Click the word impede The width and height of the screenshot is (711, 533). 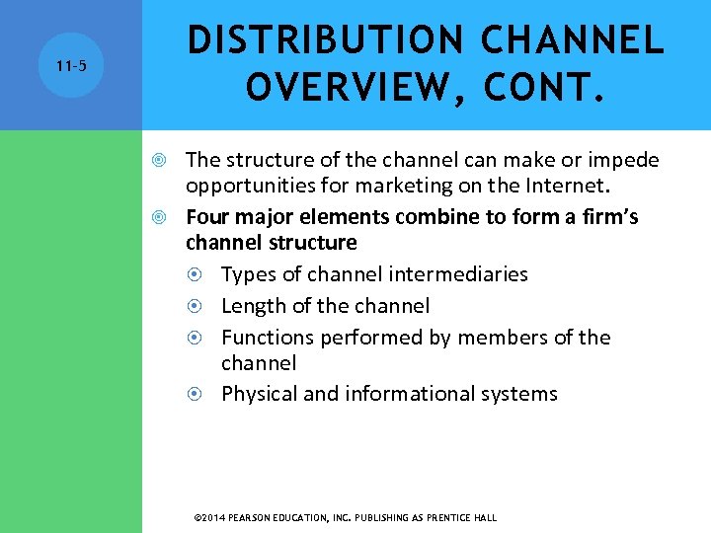pos(626,160)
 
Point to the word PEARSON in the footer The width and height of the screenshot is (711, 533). pos(253,517)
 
